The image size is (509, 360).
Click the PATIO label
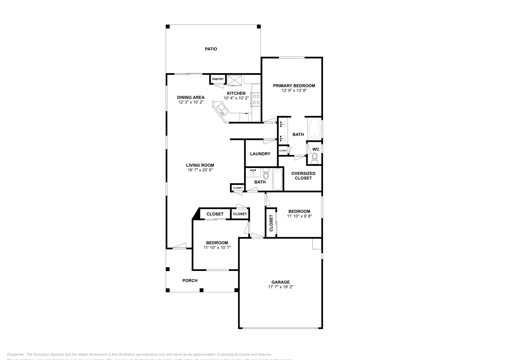point(211,49)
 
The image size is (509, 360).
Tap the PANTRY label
point(218,79)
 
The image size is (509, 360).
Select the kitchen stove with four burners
point(256,99)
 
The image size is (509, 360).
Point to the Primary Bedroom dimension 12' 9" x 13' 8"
point(294,90)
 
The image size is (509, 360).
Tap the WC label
point(316,149)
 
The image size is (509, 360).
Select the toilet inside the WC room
point(315,158)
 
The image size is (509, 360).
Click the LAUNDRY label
point(260,154)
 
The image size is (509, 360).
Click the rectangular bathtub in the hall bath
point(278,180)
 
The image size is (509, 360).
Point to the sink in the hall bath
point(253,173)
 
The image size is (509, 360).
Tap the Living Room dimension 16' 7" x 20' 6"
point(200,170)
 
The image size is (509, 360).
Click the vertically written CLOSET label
point(271,223)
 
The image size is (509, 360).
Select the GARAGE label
point(280,282)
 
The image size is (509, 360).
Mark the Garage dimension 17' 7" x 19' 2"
point(280,287)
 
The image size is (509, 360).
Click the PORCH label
point(190,280)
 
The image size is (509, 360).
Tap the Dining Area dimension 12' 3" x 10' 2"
point(191,102)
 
